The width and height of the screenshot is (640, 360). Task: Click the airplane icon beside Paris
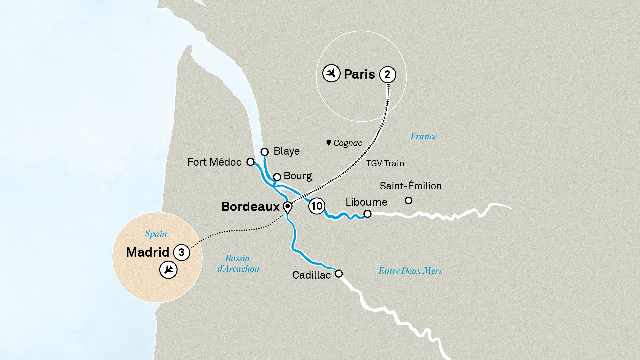(x=331, y=73)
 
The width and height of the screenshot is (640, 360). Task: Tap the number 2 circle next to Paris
(x=387, y=74)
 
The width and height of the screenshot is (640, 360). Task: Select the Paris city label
(x=359, y=74)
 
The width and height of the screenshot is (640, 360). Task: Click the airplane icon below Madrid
(x=168, y=269)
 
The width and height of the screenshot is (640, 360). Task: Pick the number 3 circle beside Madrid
(x=181, y=252)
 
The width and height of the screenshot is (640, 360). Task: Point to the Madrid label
(x=148, y=252)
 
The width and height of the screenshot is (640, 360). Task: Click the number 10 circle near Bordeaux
(x=317, y=206)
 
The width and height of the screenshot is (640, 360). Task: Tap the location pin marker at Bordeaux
(x=287, y=207)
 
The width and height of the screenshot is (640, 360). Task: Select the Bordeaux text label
(x=250, y=207)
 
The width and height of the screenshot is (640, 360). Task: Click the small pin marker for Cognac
(x=329, y=143)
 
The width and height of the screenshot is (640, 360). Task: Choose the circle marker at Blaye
(x=265, y=152)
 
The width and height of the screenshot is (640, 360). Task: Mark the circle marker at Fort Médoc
(x=250, y=162)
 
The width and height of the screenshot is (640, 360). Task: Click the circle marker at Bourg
(x=277, y=177)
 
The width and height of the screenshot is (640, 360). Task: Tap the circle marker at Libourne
(x=367, y=214)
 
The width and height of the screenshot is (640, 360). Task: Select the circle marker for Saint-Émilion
(x=408, y=200)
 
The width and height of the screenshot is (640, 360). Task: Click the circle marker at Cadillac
(x=339, y=274)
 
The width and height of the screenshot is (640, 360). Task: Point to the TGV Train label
(x=385, y=163)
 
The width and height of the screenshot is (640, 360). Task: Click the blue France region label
(x=423, y=136)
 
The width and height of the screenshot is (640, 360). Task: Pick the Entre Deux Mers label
(x=410, y=271)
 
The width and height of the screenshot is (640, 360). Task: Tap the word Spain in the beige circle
(x=156, y=234)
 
